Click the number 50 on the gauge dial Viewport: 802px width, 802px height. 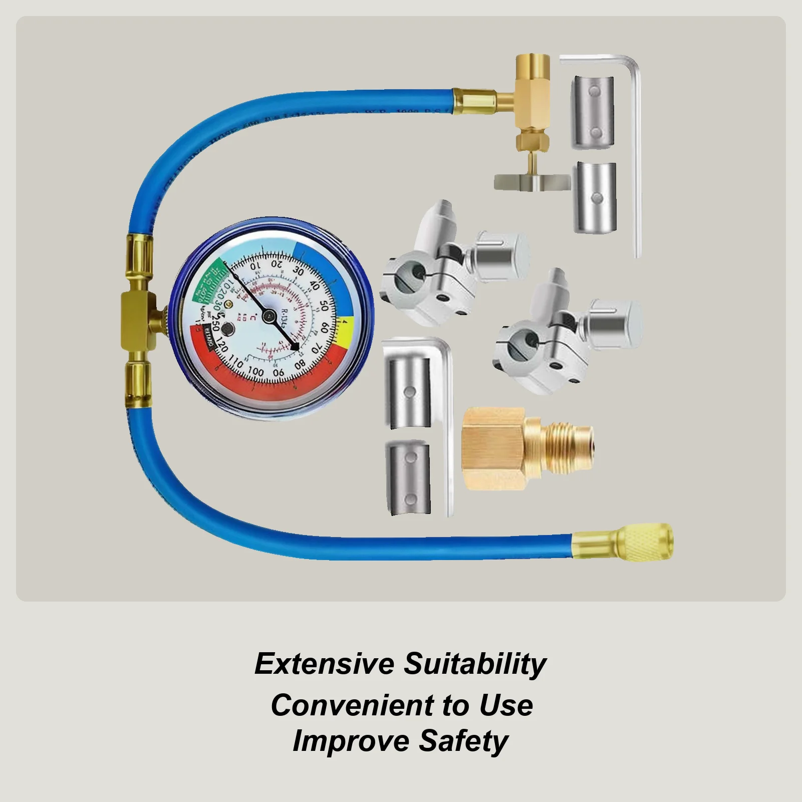click(x=323, y=307)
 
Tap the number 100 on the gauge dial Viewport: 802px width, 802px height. click(x=255, y=371)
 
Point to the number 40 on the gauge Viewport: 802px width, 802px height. click(x=315, y=286)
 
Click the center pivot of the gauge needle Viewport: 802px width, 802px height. click(x=270, y=315)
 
